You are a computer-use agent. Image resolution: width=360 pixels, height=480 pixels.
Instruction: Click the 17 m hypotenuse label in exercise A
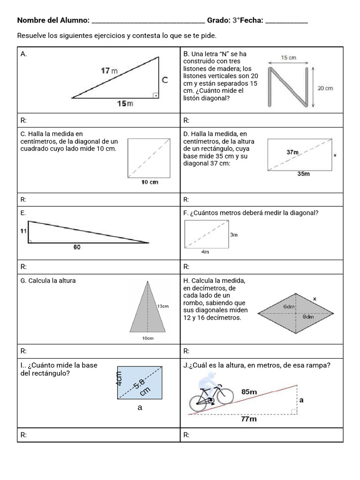click(x=109, y=71)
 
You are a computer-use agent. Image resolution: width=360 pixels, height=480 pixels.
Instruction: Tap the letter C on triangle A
click(x=165, y=80)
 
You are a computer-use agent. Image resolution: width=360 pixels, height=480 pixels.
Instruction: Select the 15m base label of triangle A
click(x=125, y=103)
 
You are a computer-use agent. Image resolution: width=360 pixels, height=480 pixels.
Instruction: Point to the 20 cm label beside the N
click(x=325, y=88)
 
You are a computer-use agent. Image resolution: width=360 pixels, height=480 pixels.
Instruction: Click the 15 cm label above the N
click(x=288, y=58)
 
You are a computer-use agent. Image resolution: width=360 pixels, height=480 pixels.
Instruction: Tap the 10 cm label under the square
click(x=150, y=182)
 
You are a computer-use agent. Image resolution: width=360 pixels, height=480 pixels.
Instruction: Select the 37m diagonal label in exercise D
click(x=292, y=152)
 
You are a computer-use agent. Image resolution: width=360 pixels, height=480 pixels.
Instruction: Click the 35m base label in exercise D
click(x=304, y=174)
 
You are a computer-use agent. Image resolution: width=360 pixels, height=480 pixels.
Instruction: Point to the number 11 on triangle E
click(x=23, y=231)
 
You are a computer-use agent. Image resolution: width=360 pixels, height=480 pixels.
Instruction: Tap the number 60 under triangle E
click(x=77, y=247)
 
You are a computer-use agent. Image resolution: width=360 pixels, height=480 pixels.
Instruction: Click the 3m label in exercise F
click(x=233, y=235)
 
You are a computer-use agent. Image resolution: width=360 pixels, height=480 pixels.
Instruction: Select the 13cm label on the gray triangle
click(x=163, y=306)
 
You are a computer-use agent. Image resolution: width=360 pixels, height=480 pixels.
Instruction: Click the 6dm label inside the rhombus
click(x=289, y=306)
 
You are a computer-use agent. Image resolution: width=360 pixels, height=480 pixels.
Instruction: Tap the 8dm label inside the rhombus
click(x=308, y=317)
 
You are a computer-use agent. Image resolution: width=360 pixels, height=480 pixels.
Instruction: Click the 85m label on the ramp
click(x=249, y=391)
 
